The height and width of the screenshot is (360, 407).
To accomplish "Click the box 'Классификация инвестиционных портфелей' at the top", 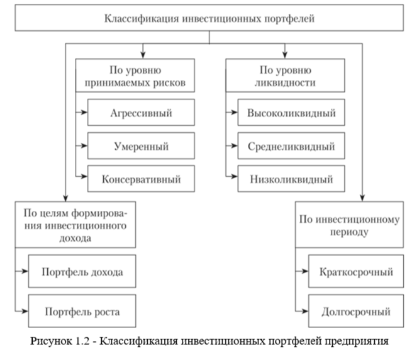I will pos(209,18).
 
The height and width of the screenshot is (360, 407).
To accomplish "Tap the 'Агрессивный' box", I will pos(138,114).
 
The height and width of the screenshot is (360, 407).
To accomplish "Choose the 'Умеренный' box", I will pos(138,147).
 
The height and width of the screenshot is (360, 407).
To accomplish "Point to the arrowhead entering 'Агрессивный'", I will pos(84,114).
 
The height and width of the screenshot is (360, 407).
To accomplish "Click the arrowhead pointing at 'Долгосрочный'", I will pos(306,311).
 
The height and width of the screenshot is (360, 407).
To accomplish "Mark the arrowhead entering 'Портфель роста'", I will pos(25,311).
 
